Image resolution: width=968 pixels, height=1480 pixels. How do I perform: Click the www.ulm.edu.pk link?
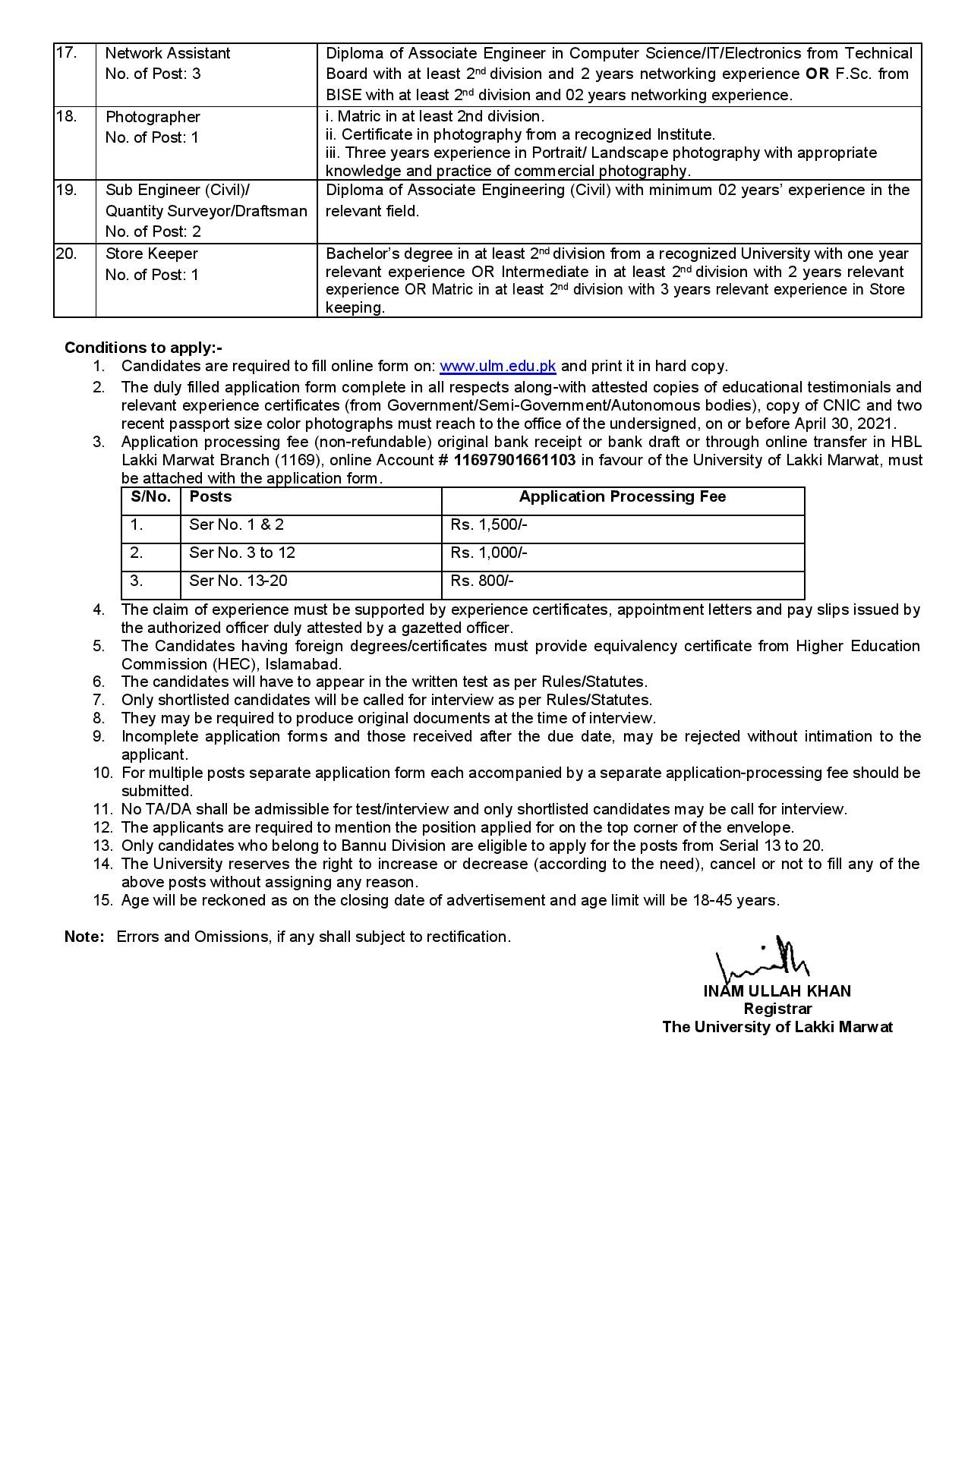497,366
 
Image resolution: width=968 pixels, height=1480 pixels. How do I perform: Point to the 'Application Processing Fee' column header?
622,496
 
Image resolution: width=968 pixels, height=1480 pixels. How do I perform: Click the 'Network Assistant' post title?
167,53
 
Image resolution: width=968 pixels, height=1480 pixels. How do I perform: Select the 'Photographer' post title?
153,117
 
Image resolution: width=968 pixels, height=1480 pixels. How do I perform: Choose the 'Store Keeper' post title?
151,253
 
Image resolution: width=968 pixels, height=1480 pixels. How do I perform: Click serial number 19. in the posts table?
66,190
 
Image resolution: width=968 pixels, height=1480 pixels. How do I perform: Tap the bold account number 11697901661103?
514,460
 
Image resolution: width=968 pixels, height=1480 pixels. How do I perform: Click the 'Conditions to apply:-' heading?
143,348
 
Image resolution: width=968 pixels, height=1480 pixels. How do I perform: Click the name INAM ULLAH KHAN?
777,990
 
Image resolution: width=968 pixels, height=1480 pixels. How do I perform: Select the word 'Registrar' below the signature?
777,1009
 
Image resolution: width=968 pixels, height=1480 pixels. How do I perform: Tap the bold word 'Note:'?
84,937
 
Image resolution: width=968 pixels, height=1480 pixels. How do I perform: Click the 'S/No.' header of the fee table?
150,496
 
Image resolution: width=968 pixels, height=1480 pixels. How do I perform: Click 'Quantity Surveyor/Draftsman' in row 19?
206,211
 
